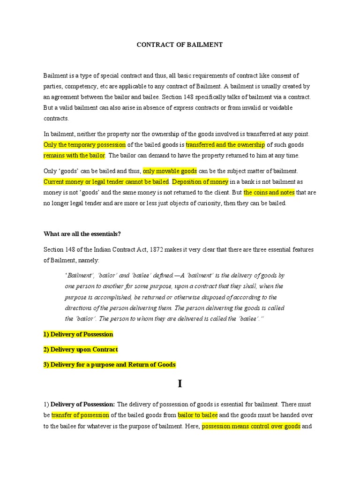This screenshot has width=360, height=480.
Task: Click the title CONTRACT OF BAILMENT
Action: (x=180, y=45)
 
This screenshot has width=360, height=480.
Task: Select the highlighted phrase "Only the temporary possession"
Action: (x=85, y=144)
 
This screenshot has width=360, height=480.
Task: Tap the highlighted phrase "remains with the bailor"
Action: (x=75, y=156)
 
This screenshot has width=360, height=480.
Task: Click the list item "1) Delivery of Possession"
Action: (x=78, y=335)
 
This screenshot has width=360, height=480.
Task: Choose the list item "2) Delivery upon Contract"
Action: (x=81, y=350)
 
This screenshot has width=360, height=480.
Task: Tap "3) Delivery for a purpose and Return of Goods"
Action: (x=110, y=365)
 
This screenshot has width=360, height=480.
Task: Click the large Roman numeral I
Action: (x=180, y=384)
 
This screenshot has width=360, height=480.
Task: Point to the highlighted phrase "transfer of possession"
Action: (x=80, y=415)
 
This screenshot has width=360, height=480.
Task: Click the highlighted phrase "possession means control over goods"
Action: (x=251, y=427)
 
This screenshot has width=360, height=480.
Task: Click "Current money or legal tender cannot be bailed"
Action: (x=106, y=181)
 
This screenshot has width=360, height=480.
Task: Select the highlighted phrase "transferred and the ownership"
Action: (x=225, y=144)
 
